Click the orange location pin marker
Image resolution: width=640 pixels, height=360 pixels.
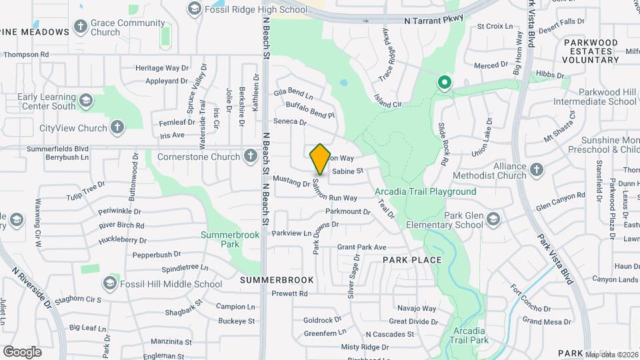[320, 159]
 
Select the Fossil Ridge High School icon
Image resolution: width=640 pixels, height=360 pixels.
[194, 8]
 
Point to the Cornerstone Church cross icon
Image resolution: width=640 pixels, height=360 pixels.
[251, 157]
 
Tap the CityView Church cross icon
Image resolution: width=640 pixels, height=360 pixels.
[117, 127]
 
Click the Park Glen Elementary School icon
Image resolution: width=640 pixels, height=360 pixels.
[493, 219]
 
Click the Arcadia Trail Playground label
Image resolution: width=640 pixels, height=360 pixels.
[425, 192]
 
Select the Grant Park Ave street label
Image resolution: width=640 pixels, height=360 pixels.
[362, 247]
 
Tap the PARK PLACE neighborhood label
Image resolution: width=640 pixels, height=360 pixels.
[412, 260]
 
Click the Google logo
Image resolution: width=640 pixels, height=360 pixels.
[22, 351]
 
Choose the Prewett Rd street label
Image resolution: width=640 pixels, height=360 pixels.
[289, 293]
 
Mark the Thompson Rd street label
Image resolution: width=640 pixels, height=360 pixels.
[27, 54]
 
